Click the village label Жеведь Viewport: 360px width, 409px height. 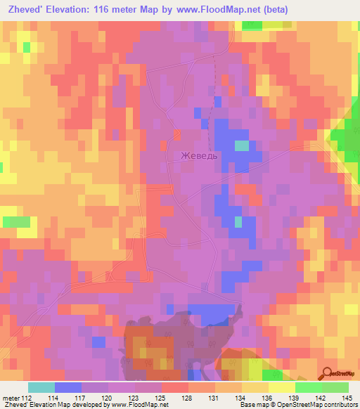pos(199,156)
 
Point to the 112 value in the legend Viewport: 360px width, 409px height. pos(27,397)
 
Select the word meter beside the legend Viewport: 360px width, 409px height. pos(10,397)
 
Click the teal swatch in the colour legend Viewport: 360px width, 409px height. pos(41,387)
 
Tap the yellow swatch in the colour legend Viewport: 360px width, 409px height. pos(281,387)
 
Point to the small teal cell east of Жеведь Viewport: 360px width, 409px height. pos(241,145)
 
